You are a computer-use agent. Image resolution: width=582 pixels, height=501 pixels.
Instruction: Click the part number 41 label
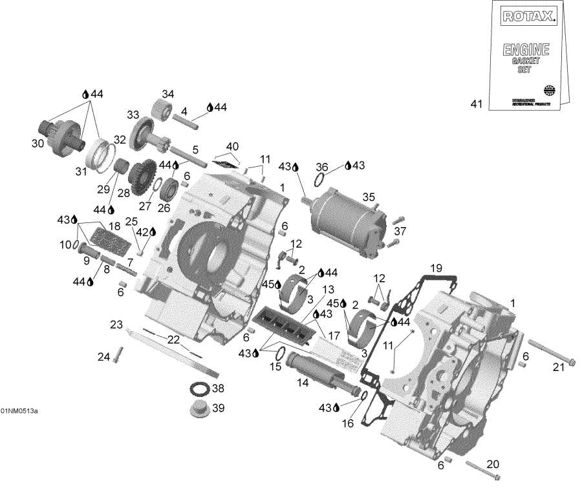(x=477, y=103)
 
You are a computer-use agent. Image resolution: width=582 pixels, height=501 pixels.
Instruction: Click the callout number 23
(x=116, y=325)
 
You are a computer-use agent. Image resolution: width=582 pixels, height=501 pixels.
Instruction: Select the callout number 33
(x=133, y=115)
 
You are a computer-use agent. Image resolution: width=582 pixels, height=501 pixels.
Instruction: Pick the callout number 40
(x=232, y=145)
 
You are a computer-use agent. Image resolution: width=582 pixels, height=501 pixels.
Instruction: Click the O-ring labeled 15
(x=281, y=354)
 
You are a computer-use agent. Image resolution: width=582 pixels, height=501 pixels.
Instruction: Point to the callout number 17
(x=334, y=336)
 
